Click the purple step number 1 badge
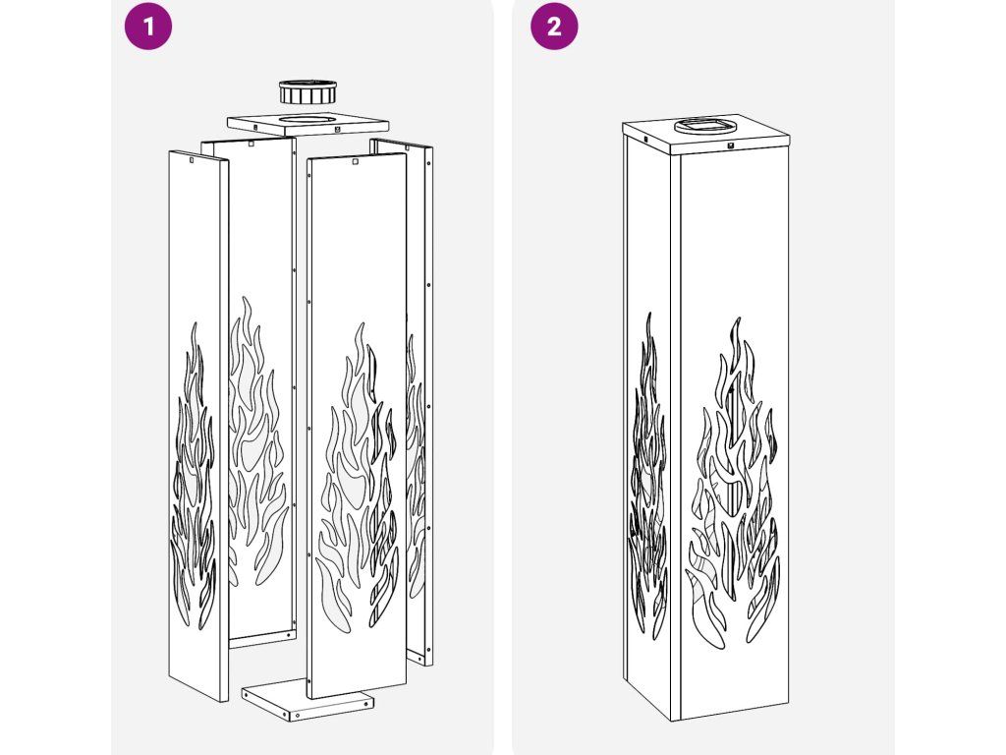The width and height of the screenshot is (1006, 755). coord(148,27)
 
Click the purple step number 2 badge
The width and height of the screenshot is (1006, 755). coord(554,27)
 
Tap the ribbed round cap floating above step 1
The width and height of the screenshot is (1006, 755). coord(307,91)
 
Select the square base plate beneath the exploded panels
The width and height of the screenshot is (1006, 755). coord(307,701)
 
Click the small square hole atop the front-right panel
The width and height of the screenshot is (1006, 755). coord(356,162)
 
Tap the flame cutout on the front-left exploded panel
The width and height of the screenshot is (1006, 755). coord(193,475)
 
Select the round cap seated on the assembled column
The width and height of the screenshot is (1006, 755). coord(705,125)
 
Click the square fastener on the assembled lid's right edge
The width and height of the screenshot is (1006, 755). coord(730,145)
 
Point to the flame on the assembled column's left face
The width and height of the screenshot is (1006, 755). coord(648,475)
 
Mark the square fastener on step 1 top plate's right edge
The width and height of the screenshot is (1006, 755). coord(338,130)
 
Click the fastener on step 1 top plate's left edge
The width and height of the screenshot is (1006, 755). coord(254,127)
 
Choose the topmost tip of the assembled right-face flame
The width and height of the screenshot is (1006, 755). coord(739,318)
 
